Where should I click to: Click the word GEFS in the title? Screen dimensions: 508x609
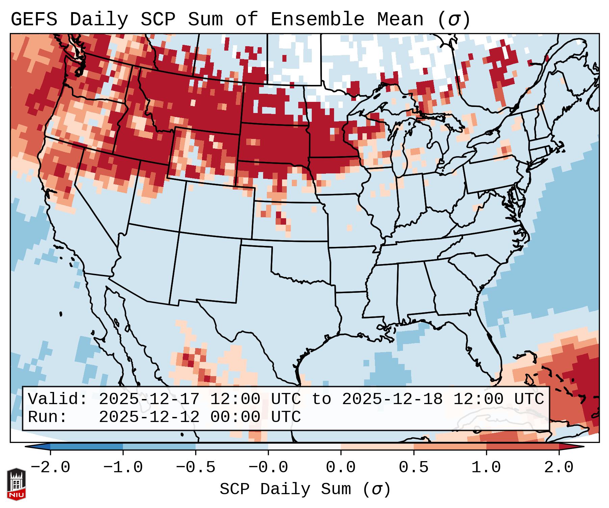34,20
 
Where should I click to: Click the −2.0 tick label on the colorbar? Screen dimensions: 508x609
50,468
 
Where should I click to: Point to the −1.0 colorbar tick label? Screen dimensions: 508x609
123,468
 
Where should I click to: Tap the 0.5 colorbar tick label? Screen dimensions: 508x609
413,468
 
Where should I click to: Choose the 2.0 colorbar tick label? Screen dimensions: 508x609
559,468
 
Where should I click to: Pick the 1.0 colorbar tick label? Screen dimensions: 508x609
486,468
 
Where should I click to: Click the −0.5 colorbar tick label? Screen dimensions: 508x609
196,468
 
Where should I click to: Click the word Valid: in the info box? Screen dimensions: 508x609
58,399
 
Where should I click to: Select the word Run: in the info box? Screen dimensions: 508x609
48,417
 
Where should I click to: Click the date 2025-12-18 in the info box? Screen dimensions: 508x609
392,399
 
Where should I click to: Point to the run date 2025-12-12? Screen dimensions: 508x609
149,417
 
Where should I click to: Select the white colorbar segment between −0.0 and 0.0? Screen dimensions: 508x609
304,447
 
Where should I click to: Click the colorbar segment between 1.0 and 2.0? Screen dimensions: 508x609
523,447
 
